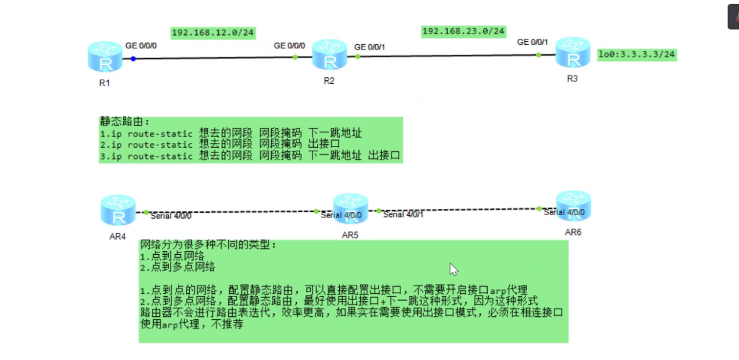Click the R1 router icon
(x=105, y=56)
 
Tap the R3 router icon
(x=573, y=53)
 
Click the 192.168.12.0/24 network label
(x=214, y=33)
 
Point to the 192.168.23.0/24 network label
(x=463, y=31)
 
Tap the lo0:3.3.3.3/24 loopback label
(x=637, y=55)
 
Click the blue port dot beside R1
(x=133, y=58)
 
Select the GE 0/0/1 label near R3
(x=532, y=42)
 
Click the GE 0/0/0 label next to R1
(x=141, y=45)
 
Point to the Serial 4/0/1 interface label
(x=403, y=215)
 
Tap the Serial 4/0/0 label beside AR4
(x=171, y=216)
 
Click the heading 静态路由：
(x=125, y=122)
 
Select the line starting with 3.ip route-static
(x=250, y=156)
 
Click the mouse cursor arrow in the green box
(x=453, y=269)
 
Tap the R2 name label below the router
(x=329, y=81)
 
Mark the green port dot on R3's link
(x=538, y=55)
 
